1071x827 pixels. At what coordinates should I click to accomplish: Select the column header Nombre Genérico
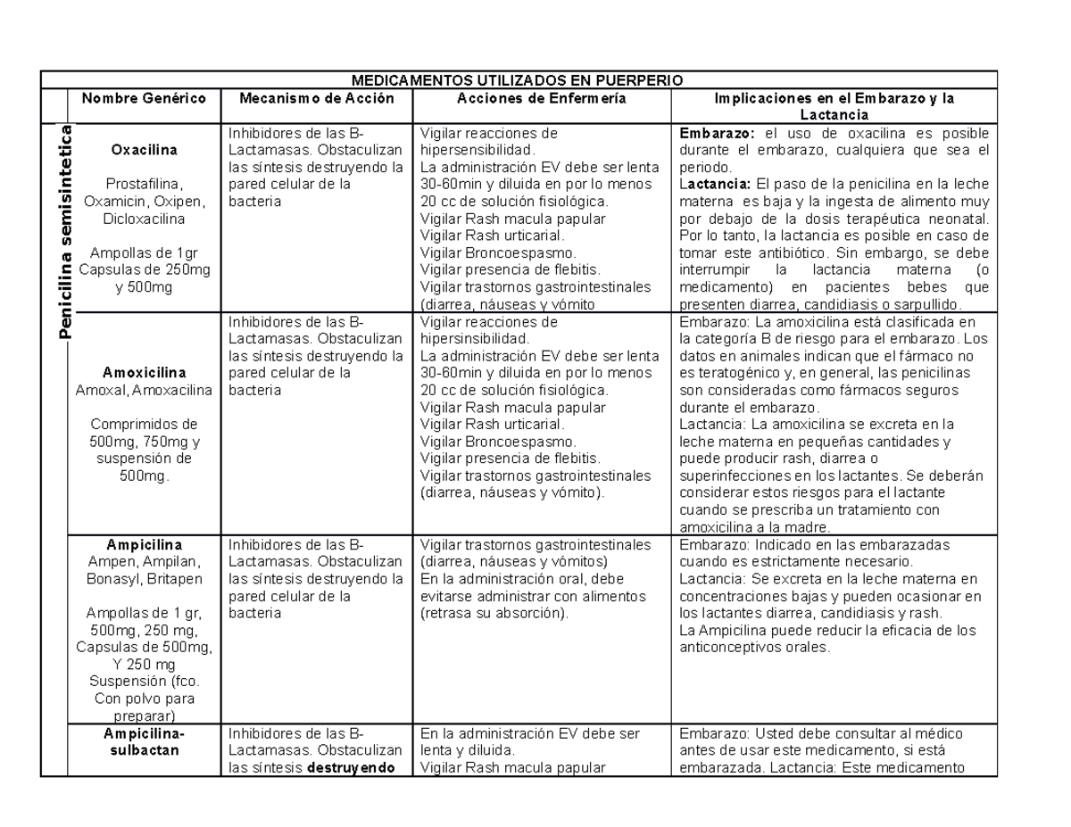click(144, 98)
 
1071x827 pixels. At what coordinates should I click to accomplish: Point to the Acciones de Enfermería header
click(541, 98)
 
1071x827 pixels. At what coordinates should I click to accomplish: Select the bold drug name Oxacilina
click(144, 149)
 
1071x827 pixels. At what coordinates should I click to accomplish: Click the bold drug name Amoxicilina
click(144, 372)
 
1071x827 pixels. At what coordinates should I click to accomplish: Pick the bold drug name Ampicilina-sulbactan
click(144, 742)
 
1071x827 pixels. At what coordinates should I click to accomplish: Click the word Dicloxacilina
click(144, 218)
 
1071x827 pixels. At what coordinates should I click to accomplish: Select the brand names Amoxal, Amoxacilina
click(144, 390)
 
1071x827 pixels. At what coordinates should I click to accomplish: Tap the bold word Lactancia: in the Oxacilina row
click(716, 185)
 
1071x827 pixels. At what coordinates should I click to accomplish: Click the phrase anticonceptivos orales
click(755, 648)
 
